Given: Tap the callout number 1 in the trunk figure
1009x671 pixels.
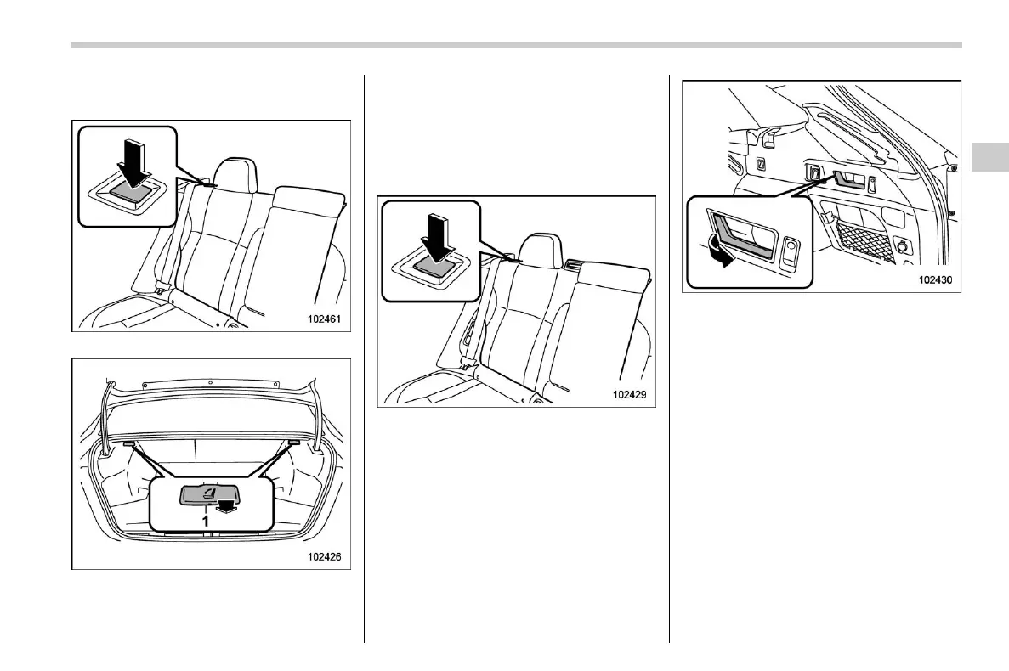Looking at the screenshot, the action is pos(205,520).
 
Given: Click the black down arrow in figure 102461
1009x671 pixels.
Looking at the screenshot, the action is pos(132,162).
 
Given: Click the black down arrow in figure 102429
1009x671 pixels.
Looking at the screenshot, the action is pos(434,237).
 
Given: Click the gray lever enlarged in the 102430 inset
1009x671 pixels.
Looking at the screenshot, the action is pos(741,240).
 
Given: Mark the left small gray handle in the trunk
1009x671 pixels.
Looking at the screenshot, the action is pos(128,443).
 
